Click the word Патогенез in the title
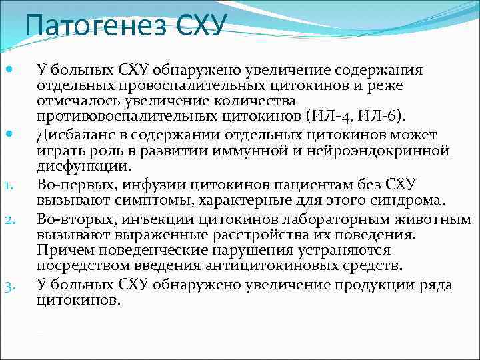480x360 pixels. [97, 27]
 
